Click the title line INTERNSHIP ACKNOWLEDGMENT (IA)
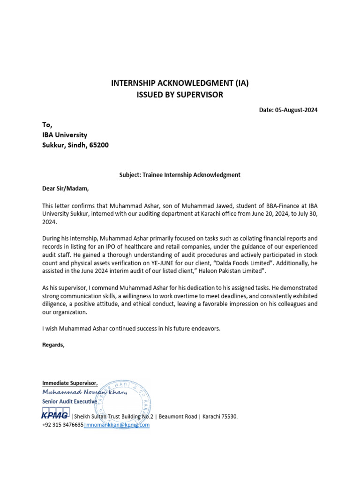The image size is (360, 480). (180, 83)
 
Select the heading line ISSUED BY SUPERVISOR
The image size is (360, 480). (180, 95)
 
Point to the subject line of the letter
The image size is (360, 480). (180, 175)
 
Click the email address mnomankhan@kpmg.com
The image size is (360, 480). (117, 425)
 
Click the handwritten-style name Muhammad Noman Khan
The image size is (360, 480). (84, 392)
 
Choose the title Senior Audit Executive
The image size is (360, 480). (69, 401)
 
